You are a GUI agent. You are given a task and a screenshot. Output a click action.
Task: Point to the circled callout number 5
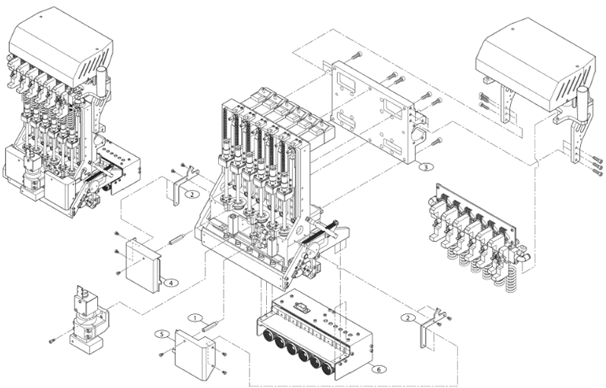(x=161, y=333)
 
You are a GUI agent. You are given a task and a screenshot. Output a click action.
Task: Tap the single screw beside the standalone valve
(x=52, y=339)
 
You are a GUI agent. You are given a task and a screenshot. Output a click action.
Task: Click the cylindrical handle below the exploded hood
(x=583, y=103)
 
